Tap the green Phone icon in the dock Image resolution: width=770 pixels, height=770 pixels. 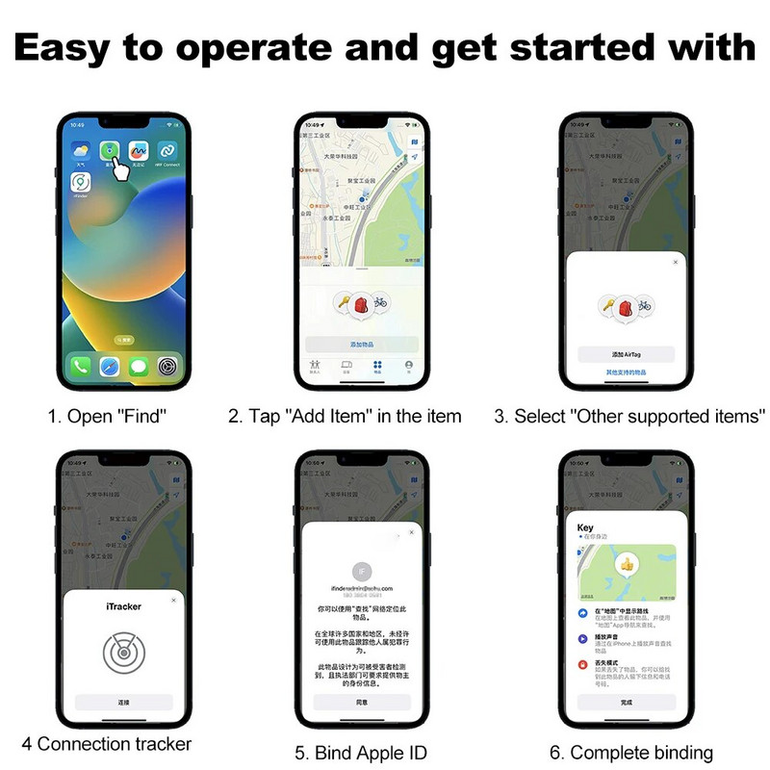coord(80,366)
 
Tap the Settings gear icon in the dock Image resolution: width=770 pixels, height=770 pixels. coord(167,366)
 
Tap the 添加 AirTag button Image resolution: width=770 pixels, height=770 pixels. coord(626,354)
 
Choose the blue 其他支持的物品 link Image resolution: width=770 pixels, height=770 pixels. coord(626,372)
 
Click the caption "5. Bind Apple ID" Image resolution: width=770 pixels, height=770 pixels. coord(361,753)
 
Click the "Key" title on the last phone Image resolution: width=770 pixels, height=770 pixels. coord(585,527)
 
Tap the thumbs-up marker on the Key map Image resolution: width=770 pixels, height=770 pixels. coord(627,564)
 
